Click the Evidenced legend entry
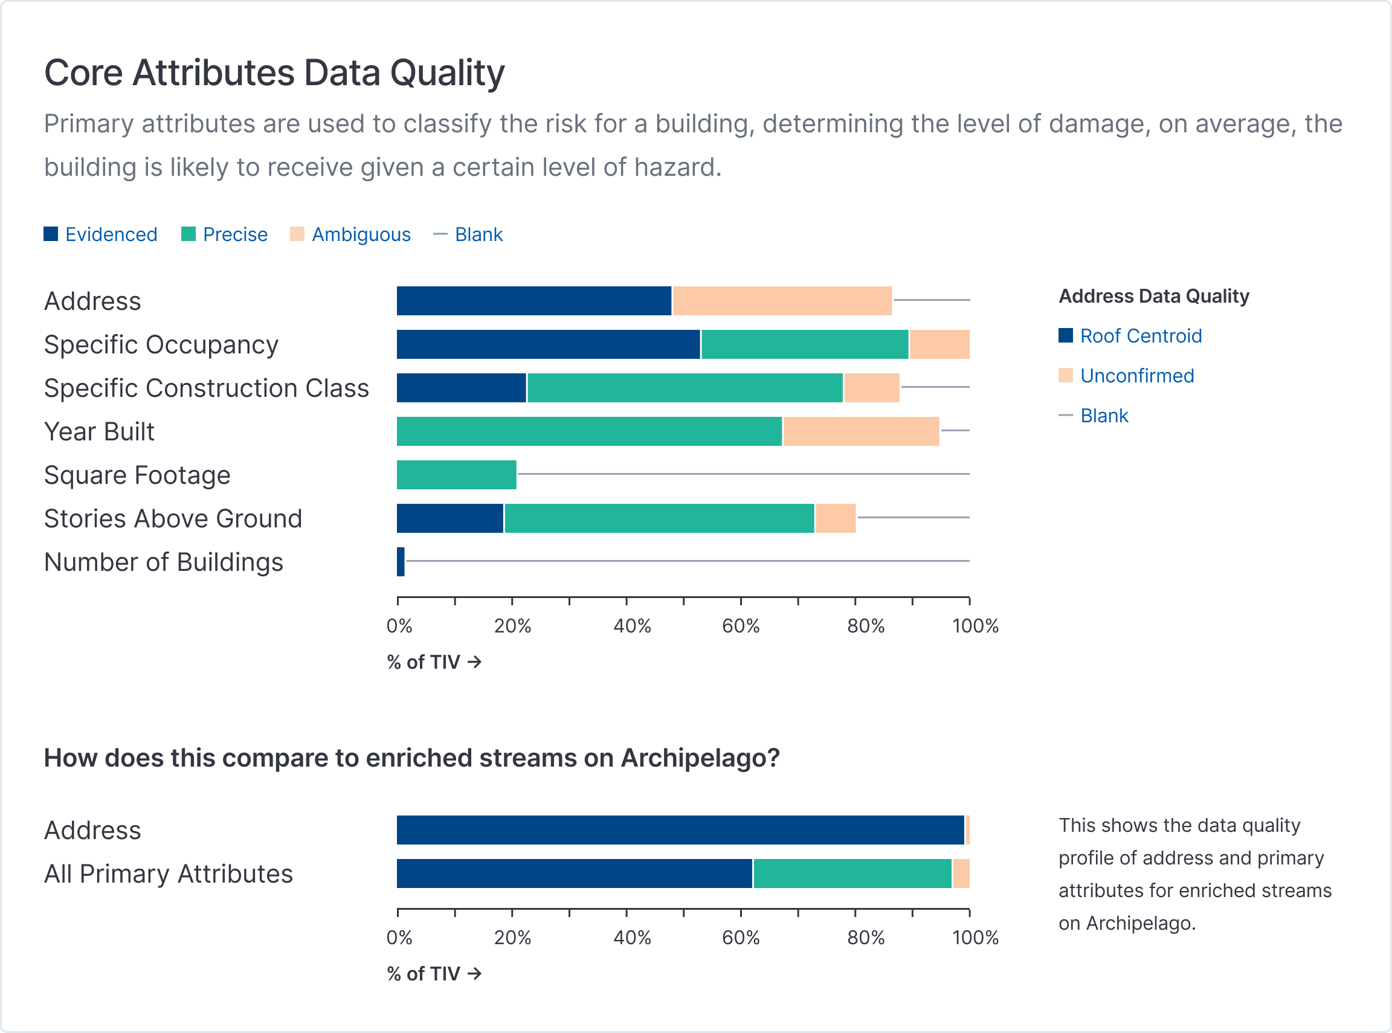[101, 234]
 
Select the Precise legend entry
[225, 234]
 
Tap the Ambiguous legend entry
[351, 234]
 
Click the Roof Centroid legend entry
[1130, 336]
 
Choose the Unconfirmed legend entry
[1127, 376]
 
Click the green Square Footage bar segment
[457, 475]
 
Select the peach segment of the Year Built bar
[861, 431]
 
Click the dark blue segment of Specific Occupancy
[549, 344]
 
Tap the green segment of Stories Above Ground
[659, 518]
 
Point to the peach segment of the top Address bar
[782, 301]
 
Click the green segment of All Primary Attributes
[852, 874]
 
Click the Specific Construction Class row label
[207, 388]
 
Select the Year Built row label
[100, 431]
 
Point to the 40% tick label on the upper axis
[631, 626]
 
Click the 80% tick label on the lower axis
[865, 938]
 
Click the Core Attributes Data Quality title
[274, 72]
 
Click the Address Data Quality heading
[1154, 296]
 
